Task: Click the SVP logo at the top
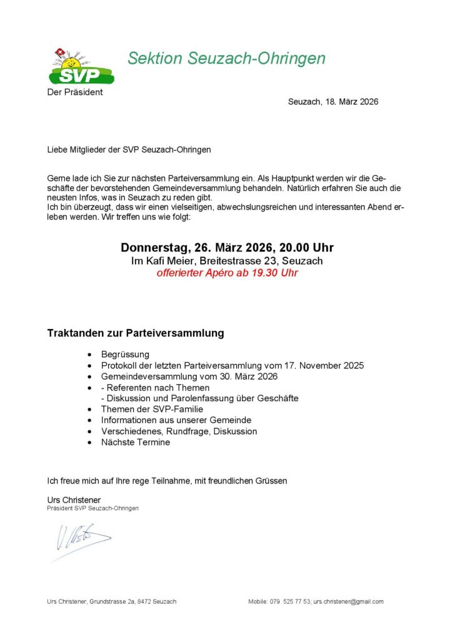click(81, 68)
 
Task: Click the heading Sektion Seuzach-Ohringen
click(226, 59)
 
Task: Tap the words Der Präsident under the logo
click(75, 93)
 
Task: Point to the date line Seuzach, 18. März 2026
click(333, 101)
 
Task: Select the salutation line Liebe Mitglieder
click(129, 150)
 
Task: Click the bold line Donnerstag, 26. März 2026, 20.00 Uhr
click(227, 248)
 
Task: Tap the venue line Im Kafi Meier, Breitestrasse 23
click(227, 261)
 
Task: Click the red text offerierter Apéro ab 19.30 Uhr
click(227, 273)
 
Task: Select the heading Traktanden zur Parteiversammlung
click(136, 333)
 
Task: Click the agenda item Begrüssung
click(125, 355)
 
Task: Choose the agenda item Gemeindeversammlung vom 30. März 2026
click(189, 377)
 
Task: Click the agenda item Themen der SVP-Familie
click(152, 409)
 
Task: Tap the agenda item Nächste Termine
click(136, 442)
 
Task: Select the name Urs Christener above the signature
click(74, 499)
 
